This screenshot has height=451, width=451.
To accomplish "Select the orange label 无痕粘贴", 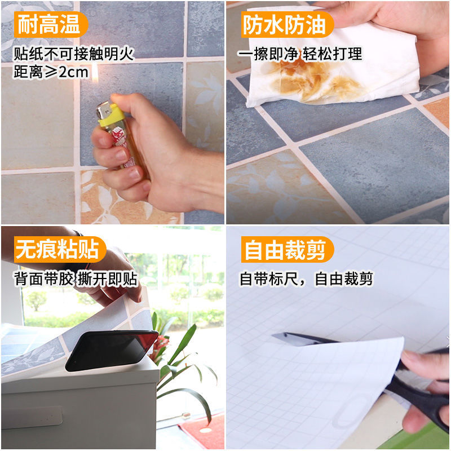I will (56, 249).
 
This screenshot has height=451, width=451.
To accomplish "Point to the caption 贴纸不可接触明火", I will (73, 54).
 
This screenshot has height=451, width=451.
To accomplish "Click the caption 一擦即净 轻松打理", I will (299, 54).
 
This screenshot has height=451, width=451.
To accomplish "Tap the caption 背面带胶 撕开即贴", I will (76, 279).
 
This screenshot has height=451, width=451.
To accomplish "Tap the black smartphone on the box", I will (111, 350).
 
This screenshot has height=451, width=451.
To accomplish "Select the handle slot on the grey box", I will (31, 418).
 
